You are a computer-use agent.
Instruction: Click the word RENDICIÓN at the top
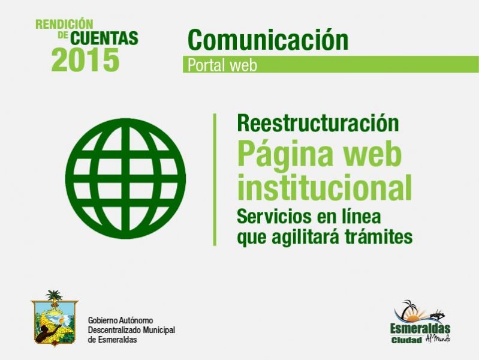(64, 24)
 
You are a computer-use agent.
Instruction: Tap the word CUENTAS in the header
(104, 38)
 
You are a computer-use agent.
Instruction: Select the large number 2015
(85, 59)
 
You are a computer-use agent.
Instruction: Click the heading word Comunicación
(268, 40)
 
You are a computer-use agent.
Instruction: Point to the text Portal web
(222, 65)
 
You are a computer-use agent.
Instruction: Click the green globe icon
(125, 179)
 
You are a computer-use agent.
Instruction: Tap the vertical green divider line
(215, 179)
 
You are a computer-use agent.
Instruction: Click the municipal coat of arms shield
(55, 322)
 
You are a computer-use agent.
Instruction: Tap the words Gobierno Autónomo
(120, 320)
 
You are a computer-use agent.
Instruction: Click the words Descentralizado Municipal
(131, 330)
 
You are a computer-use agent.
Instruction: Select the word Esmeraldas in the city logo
(420, 329)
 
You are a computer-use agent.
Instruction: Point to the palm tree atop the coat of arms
(54, 295)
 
